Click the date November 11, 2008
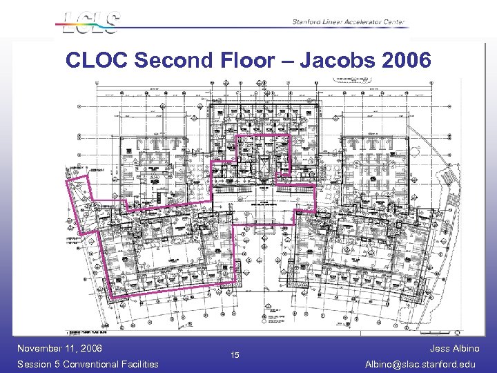59,348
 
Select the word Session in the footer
36,364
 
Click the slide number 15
235,356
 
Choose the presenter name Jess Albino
454,348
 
